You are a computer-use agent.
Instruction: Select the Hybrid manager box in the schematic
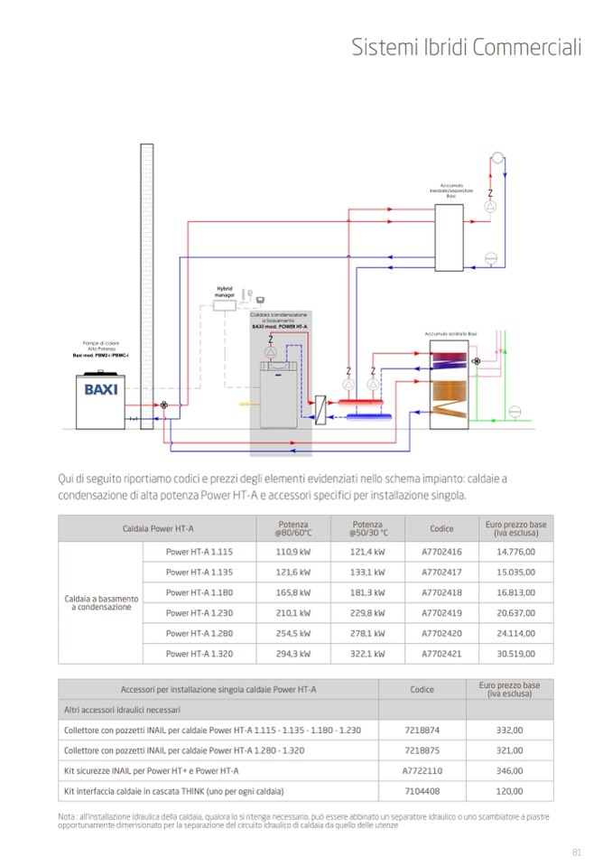(224, 306)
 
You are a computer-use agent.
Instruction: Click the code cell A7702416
(441, 552)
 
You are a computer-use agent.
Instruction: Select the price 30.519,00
(515, 654)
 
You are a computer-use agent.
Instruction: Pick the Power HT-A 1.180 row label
(199, 592)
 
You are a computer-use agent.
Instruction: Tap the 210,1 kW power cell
(293, 613)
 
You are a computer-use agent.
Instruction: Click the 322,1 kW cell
(367, 654)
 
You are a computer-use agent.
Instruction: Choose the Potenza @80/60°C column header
(292, 528)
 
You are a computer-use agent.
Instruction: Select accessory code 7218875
(422, 750)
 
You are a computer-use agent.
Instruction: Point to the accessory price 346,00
(510, 770)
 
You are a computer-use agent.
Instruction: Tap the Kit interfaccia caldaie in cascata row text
(173, 791)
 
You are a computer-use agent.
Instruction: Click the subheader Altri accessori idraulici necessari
(122, 710)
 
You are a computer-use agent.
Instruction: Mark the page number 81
(577, 851)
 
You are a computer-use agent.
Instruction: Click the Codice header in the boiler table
(441, 528)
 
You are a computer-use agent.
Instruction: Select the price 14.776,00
(515, 552)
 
